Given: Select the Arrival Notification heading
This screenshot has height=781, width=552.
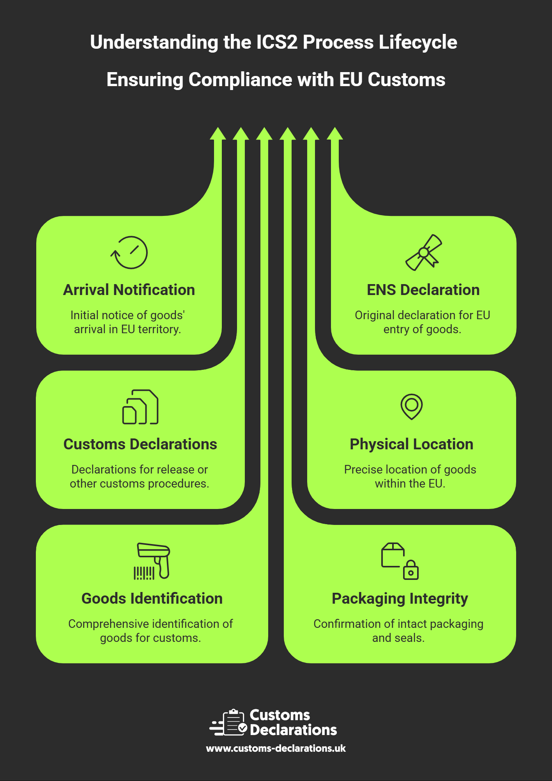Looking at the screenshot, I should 129,290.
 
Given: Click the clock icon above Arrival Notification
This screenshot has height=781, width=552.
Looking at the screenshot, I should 129,253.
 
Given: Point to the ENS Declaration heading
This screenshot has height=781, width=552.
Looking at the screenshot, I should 423,290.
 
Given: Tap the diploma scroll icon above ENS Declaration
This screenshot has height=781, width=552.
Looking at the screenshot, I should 424,253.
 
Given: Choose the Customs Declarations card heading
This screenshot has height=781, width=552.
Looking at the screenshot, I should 140,444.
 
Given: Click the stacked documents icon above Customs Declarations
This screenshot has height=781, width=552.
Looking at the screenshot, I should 140,407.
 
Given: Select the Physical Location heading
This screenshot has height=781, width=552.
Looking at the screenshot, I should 411,444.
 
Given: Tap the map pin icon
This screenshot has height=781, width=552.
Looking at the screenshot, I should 412,406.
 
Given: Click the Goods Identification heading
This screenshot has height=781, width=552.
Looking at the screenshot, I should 152,599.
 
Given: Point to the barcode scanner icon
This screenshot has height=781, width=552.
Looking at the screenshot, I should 152,561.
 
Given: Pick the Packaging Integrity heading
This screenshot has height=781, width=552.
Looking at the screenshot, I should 400,599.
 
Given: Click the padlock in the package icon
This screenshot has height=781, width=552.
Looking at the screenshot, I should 411,571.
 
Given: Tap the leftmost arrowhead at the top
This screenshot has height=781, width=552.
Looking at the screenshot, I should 218,133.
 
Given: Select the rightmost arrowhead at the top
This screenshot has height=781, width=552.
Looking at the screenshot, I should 334,133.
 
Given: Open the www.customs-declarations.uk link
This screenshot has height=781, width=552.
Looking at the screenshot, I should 276,748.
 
